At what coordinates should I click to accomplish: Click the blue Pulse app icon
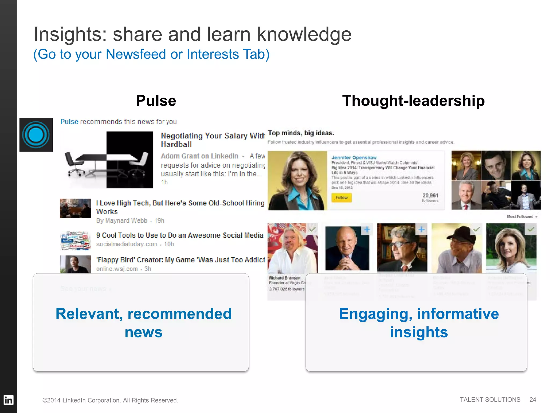click(x=36, y=134)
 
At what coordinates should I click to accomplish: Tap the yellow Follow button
click(x=341, y=198)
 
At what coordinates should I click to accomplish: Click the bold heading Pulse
click(x=156, y=101)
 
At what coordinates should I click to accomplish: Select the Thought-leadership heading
click(x=413, y=101)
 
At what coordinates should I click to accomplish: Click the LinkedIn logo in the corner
click(x=8, y=400)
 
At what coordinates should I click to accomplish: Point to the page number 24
click(x=533, y=400)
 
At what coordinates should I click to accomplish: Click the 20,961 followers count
click(x=430, y=197)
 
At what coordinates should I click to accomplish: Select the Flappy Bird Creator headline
click(x=180, y=260)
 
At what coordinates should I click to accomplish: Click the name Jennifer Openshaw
click(x=354, y=158)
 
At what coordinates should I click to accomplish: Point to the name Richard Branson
click(x=285, y=278)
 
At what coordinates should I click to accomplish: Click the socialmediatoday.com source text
click(x=127, y=244)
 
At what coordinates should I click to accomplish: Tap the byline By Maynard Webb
click(x=122, y=221)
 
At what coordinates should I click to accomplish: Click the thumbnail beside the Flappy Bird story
click(x=75, y=264)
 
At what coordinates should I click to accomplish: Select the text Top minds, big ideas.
click(x=301, y=133)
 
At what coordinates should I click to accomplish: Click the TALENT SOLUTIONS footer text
click(x=490, y=400)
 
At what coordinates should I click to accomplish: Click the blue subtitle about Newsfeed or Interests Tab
click(x=151, y=54)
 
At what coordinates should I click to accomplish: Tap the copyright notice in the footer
click(x=110, y=400)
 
